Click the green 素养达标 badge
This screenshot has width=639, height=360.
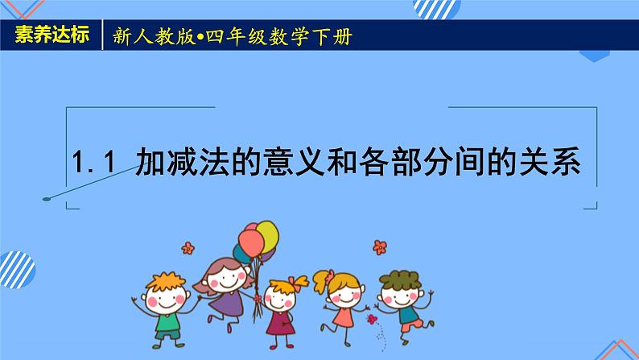[51, 37]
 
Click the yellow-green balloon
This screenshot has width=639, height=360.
[267, 235]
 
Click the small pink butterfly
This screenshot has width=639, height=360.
[372, 320]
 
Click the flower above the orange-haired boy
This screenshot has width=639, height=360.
[188, 247]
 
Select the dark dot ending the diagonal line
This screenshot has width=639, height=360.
[47, 199]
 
